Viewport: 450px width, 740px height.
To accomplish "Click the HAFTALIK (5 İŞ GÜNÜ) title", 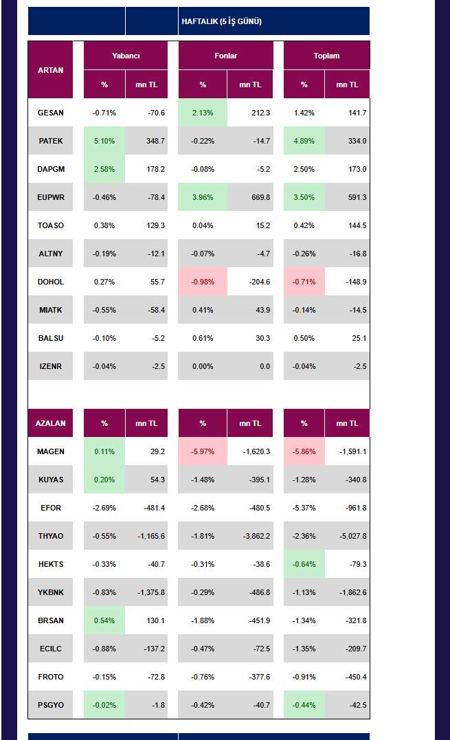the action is tap(221, 21).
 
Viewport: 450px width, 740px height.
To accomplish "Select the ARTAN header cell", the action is tap(50, 70).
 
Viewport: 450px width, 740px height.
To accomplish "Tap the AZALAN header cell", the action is tap(50, 423).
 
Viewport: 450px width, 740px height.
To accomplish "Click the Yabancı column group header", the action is tap(126, 56).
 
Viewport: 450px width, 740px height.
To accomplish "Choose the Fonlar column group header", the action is tap(225, 56).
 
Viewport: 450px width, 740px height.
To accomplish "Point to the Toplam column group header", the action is tap(326, 56).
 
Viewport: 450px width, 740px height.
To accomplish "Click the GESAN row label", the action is tap(50, 113).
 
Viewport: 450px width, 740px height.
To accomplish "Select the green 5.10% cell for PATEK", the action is tap(104, 141).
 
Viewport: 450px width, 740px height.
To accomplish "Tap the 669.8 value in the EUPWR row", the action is tap(261, 197).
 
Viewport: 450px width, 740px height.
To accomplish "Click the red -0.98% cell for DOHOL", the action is tap(203, 282).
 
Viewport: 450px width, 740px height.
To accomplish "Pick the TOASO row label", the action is tap(50, 225).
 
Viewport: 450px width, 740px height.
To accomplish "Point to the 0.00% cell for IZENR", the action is tap(203, 366).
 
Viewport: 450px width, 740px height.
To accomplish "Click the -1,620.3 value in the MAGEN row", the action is tap(257, 451).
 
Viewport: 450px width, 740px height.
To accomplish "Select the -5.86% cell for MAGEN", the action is tap(304, 451).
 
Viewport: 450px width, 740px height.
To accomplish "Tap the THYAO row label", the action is tap(50, 536).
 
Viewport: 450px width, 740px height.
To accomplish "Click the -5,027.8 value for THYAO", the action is tap(353, 536).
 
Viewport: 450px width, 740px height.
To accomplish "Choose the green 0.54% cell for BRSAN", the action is tap(104, 620).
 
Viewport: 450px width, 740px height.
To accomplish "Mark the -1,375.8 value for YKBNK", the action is tap(151, 592).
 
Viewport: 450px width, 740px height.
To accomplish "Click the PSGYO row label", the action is tap(50, 705).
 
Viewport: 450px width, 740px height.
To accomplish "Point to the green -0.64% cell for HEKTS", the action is tap(304, 564).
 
